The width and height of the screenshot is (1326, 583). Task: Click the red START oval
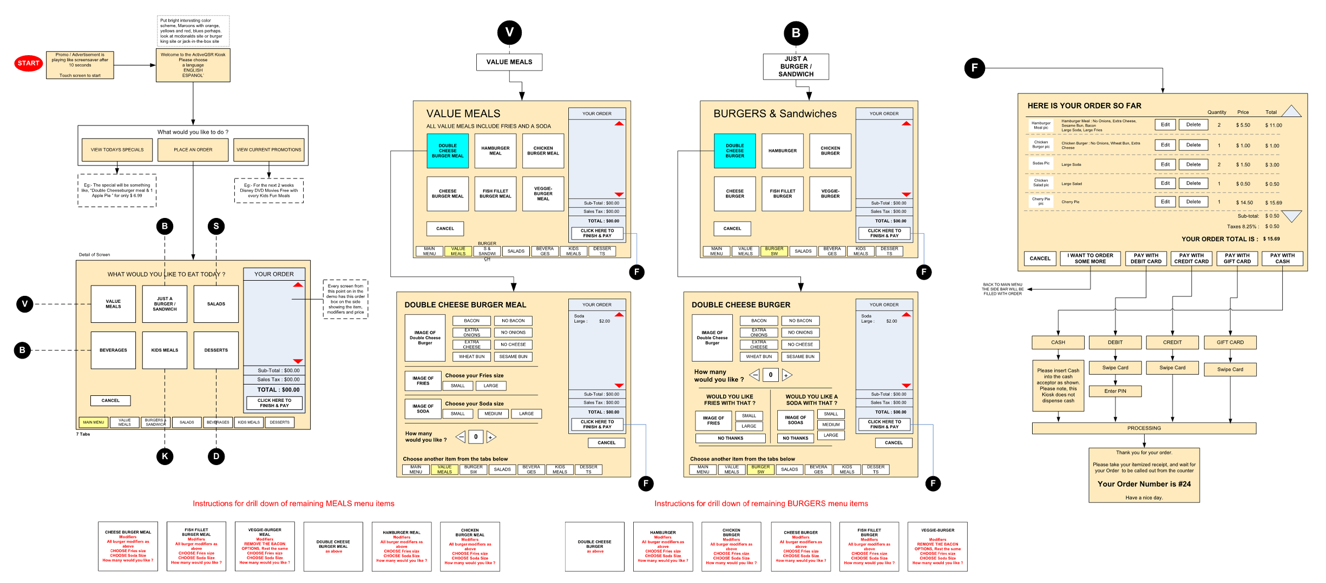point(28,63)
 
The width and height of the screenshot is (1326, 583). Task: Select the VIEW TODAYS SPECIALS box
point(117,150)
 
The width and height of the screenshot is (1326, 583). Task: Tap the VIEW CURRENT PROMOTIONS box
point(269,150)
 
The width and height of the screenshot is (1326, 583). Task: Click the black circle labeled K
point(165,456)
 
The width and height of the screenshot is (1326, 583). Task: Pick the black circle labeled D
point(216,456)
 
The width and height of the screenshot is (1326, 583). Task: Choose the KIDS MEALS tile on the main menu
point(165,350)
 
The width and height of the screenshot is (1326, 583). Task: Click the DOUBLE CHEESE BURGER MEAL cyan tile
point(448,151)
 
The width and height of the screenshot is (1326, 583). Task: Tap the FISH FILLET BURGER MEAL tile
point(495,194)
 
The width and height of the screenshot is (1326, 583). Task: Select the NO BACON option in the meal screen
point(513,321)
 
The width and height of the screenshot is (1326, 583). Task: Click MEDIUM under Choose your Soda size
point(493,414)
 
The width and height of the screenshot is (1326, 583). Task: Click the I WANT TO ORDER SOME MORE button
point(1090,259)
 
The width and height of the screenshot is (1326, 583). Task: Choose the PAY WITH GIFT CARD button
point(1237,259)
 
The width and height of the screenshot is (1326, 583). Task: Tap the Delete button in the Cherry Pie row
point(1193,202)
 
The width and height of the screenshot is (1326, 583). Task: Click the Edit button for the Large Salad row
point(1165,183)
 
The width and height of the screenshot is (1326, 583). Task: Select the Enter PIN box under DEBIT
point(1115,391)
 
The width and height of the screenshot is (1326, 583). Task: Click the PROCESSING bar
point(1144,428)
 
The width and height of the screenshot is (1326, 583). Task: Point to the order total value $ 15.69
point(1271,239)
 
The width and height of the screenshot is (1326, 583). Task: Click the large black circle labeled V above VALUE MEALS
point(509,32)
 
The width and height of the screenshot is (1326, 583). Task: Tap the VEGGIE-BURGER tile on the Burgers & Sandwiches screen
point(830,194)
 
